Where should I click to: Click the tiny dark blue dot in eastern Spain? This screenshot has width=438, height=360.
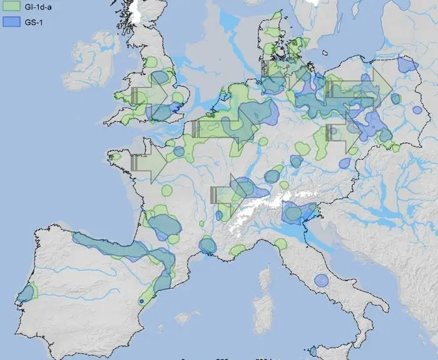[141, 302]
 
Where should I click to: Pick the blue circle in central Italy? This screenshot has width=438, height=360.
[321, 280]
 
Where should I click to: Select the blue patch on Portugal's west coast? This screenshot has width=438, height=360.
[26, 292]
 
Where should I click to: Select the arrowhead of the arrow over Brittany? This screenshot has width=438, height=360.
[159, 161]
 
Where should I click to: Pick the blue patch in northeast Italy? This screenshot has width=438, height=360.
[295, 212]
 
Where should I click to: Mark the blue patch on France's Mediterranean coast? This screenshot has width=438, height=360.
[208, 245]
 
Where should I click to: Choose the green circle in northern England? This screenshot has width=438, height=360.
[152, 62]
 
